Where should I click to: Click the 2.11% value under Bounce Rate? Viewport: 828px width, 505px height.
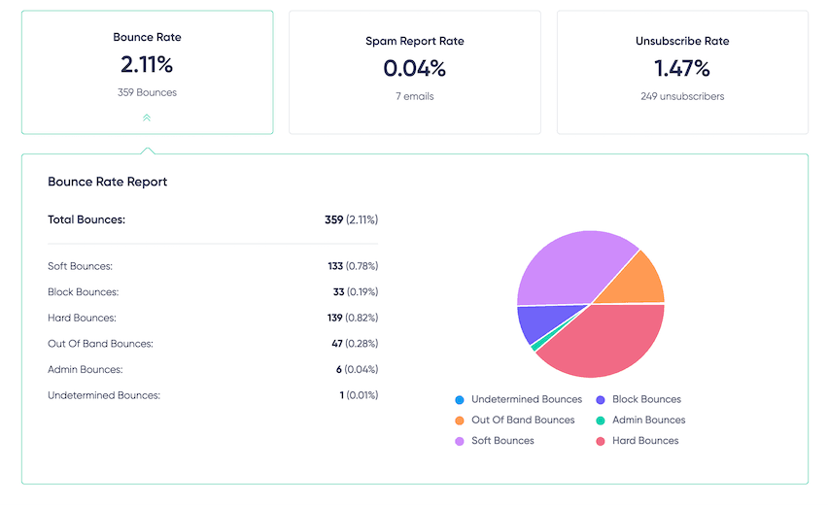147,66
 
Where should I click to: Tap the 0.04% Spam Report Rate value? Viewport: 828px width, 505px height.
414,68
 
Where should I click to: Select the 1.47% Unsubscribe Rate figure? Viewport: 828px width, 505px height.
681,68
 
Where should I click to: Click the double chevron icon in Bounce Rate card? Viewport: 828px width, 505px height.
147,118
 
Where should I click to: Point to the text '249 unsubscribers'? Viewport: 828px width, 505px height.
681,96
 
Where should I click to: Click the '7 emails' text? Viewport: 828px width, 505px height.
414,96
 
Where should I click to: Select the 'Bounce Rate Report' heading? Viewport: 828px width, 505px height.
108,182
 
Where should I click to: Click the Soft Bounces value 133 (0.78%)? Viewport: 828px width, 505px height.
353,266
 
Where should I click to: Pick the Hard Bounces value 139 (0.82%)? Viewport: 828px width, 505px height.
353,318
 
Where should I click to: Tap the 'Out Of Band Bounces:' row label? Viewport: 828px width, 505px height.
100,344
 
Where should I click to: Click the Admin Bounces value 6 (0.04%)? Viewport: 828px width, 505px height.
355,369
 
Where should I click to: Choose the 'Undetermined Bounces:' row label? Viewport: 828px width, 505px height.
103,395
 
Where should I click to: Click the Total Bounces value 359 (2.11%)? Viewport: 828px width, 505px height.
351,219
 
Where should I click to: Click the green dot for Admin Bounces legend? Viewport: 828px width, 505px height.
600,421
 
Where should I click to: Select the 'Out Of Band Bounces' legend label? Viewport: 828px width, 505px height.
523,421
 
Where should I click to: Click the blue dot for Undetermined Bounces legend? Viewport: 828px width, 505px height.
459,400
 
